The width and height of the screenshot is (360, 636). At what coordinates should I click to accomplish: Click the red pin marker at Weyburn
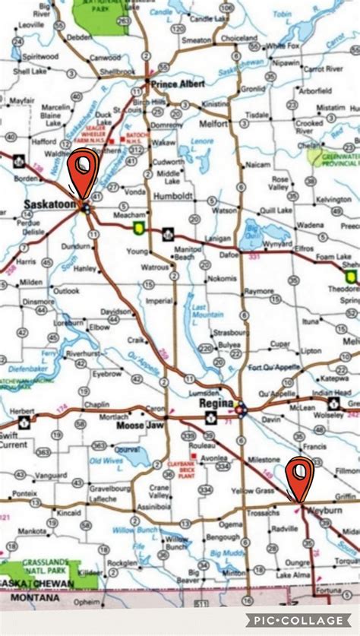[x=301, y=475]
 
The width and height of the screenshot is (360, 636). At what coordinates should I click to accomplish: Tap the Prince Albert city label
[x=178, y=84]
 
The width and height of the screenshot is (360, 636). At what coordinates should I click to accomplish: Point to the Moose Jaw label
[x=137, y=425]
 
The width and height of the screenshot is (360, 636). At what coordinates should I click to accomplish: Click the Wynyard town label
[x=276, y=244]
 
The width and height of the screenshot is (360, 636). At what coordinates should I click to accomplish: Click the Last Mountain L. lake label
[x=200, y=312]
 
